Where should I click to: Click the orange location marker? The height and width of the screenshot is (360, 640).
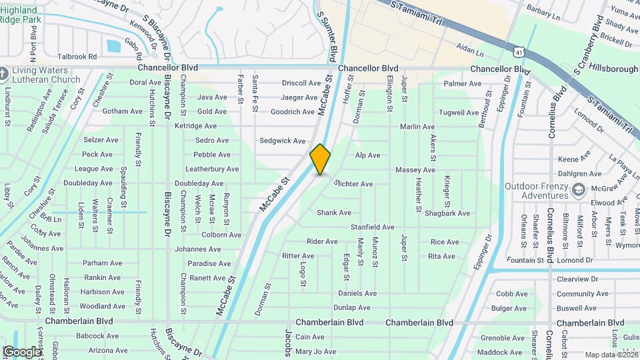point(321,159)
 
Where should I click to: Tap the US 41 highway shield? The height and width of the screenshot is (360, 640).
point(519,51)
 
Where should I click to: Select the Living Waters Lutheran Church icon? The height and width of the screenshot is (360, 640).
point(5,72)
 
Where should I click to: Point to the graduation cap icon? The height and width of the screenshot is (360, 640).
point(579,191)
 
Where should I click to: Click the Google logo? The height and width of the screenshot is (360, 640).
point(21,352)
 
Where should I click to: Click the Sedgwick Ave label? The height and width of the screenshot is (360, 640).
point(282,141)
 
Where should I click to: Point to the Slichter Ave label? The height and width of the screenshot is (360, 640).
point(353,183)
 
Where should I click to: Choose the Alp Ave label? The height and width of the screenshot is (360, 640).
point(367,155)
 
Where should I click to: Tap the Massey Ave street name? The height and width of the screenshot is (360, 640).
point(415,170)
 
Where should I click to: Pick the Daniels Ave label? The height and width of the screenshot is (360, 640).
point(357,293)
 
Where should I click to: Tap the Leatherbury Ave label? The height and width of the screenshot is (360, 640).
point(211,169)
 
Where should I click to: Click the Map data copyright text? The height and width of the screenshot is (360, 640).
point(611,355)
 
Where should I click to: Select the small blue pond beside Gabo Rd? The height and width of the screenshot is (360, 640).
point(113,46)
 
